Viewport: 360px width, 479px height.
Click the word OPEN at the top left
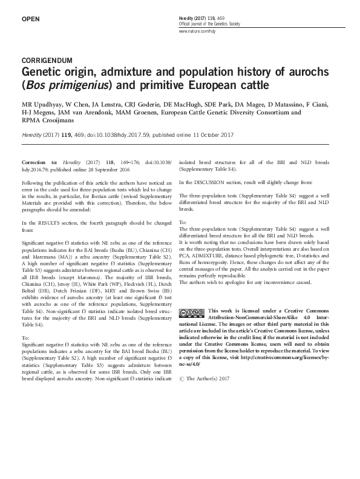(30, 19)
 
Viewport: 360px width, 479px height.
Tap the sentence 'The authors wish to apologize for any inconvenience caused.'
(245, 282)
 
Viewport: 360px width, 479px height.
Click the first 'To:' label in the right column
(184, 222)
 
